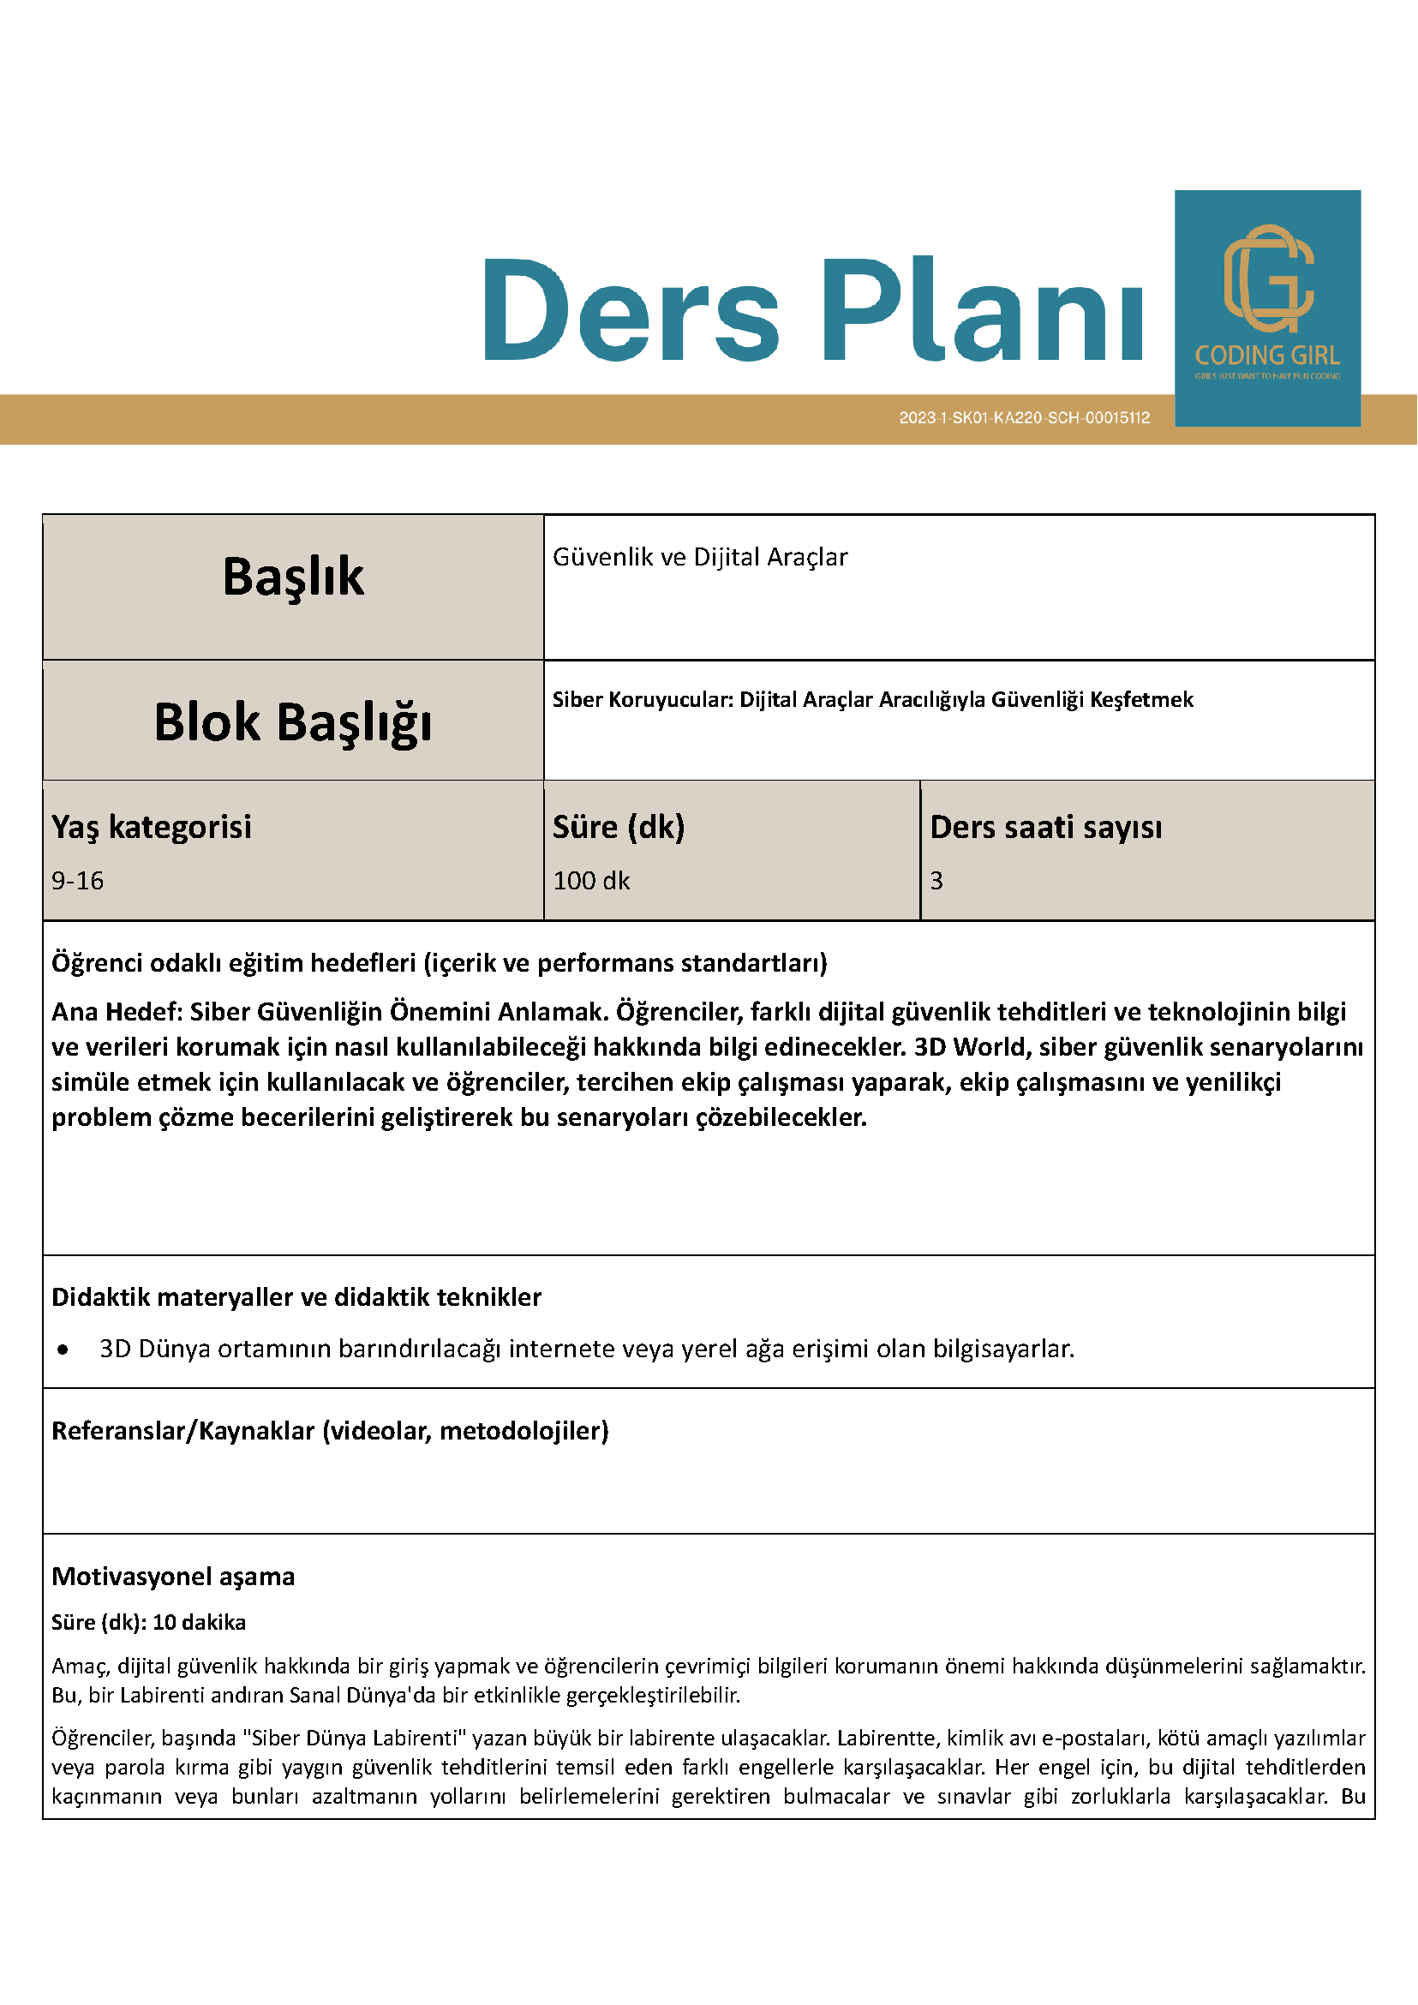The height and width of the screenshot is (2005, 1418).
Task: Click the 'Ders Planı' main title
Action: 812,310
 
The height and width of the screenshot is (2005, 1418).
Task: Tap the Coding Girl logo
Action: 1267,308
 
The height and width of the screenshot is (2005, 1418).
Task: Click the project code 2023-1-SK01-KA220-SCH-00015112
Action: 1024,418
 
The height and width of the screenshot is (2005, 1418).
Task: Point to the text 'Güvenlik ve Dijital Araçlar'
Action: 699,557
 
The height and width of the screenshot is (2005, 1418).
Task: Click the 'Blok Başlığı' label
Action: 292,722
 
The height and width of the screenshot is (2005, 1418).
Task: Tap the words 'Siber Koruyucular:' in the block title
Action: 642,699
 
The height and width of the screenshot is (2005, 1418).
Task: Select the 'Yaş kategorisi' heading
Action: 151,827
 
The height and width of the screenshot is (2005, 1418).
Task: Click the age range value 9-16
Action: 78,880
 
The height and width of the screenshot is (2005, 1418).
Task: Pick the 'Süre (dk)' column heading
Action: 619,827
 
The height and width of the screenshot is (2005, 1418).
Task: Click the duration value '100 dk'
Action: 591,880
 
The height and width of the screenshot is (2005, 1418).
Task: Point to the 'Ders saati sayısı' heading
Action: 1045,827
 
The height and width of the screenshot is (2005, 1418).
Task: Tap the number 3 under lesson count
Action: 936,880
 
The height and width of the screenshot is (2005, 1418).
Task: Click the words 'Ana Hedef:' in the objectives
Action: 117,1011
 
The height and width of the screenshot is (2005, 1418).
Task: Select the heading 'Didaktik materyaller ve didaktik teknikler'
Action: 296,1296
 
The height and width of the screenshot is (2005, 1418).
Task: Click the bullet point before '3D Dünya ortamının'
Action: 63,1350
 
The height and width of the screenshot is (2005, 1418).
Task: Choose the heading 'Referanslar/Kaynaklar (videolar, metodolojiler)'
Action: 330,1430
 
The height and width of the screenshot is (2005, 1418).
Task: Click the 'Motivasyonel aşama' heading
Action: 173,1577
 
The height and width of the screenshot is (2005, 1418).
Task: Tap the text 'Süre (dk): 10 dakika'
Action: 148,1623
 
